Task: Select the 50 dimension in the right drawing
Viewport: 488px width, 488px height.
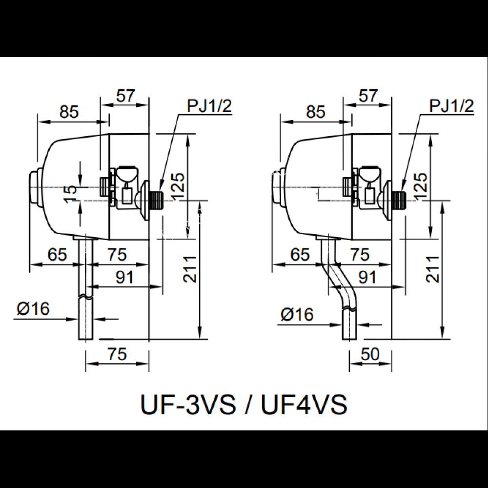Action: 370,355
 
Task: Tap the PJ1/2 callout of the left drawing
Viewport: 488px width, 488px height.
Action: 208,106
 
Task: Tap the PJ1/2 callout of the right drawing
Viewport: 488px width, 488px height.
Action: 451,106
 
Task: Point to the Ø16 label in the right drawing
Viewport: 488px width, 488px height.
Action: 297,315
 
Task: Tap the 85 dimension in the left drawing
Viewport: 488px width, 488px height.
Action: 69,112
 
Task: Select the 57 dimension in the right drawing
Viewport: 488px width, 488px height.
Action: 369,96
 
